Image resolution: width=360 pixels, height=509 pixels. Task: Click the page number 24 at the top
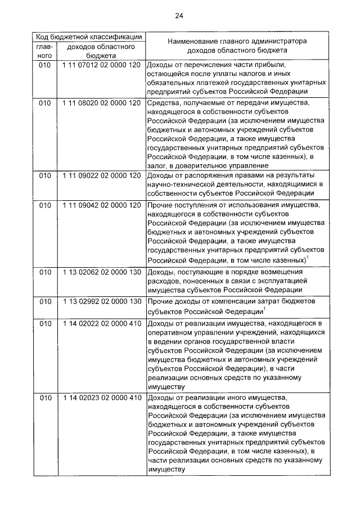(179, 15)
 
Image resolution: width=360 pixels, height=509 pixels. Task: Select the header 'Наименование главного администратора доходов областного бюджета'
(235, 46)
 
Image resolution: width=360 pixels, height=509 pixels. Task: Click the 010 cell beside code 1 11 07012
(45, 65)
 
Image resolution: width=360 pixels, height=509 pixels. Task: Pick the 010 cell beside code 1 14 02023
(45, 398)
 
